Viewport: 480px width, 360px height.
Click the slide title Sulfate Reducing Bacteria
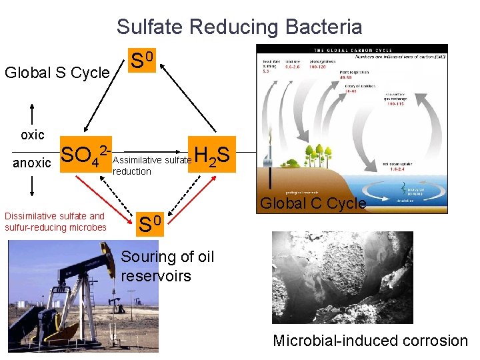(x=239, y=27)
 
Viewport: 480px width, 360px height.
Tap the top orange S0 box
(x=143, y=61)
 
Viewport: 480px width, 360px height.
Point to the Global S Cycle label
(x=57, y=72)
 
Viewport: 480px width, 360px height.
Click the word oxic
(x=32, y=135)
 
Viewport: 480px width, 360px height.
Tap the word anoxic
(x=32, y=163)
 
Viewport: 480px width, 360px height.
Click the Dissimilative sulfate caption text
(x=55, y=221)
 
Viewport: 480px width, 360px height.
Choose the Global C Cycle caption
(x=313, y=203)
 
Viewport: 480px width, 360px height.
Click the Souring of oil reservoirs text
(x=167, y=266)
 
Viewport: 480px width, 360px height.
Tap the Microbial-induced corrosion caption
(x=370, y=341)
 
